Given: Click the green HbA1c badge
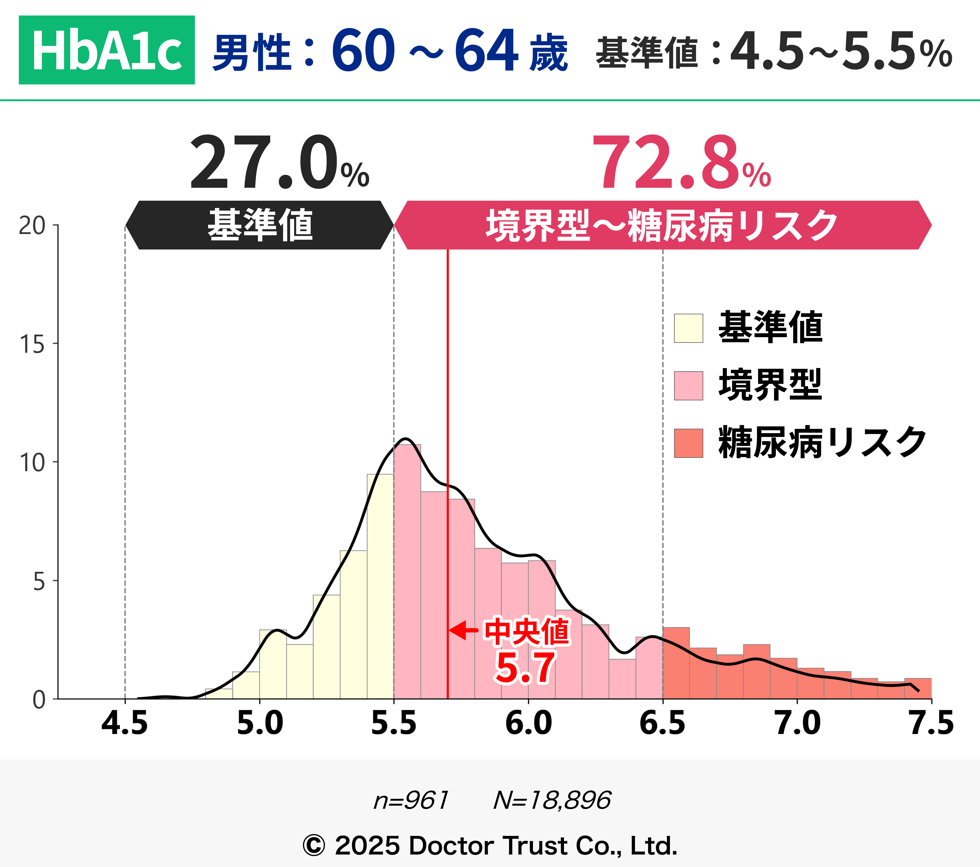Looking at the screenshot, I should point(106,50).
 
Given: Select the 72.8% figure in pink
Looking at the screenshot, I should point(681,163).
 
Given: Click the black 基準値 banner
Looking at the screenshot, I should point(259,225).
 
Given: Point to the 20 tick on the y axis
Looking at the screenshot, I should point(32,225).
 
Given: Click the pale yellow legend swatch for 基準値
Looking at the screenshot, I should point(689,328).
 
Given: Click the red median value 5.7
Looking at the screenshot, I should point(525,668).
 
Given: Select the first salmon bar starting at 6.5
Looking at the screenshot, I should point(676,664).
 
